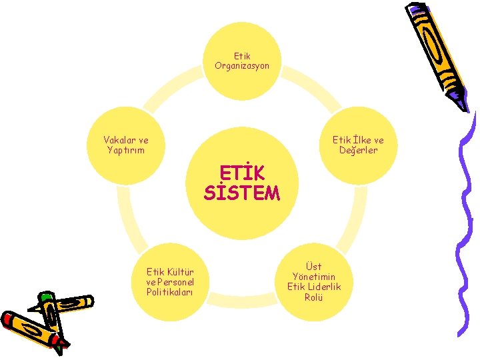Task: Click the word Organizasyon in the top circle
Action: [x=242, y=66]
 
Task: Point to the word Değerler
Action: [x=358, y=150]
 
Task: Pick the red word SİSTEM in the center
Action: [x=242, y=193]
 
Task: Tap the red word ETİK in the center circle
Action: [x=242, y=173]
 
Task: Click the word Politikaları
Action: [x=170, y=292]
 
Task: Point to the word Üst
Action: [x=313, y=267]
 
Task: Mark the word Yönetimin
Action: [x=314, y=277]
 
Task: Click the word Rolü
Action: [x=313, y=297]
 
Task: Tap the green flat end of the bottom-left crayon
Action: [x=45, y=297]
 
